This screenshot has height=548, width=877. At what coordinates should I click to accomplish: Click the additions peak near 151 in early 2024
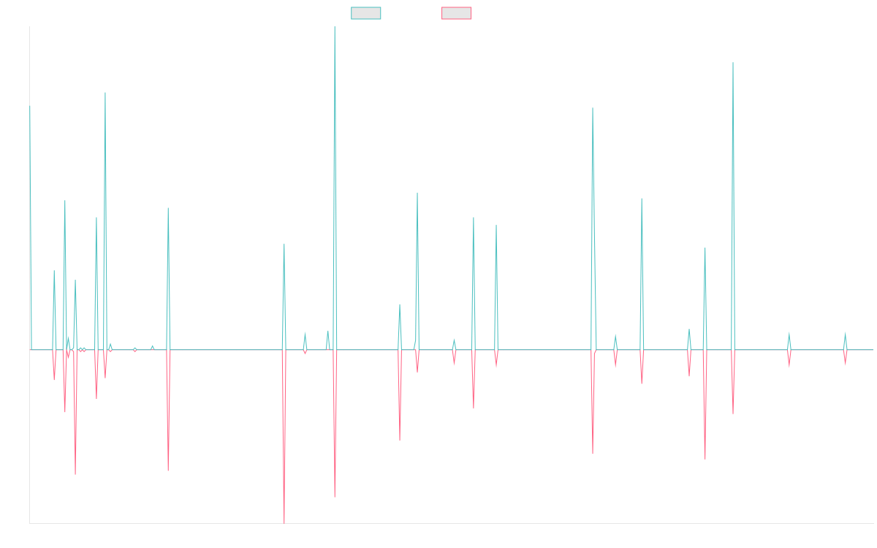tap(733, 64)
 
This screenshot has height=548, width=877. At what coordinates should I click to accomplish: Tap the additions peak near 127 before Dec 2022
tap(593, 108)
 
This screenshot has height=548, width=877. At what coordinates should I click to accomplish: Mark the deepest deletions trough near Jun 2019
tap(284, 522)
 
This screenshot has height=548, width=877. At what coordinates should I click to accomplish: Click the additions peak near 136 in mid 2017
tap(105, 93)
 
